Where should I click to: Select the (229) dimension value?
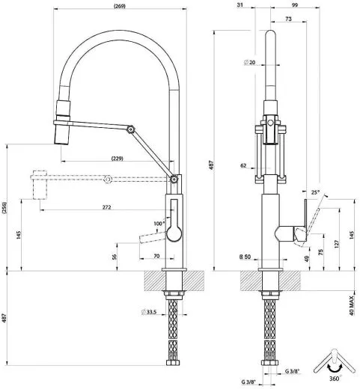pos(116,159)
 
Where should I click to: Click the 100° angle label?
pos(158,224)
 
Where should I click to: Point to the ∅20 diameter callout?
pos(249,64)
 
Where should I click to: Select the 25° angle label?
pos(315,192)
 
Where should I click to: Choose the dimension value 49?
pos(307,259)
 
